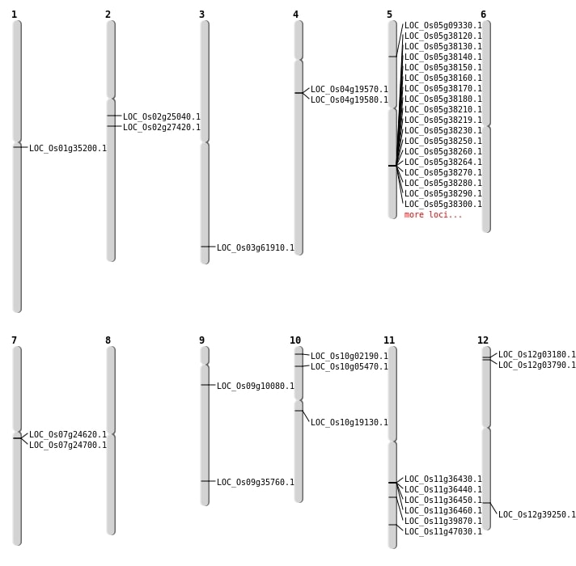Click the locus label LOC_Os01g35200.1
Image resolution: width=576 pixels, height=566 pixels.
pyautogui.click(x=68, y=149)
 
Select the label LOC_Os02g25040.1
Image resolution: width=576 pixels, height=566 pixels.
pyautogui.click(x=162, y=117)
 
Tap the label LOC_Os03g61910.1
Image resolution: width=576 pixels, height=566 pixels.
pyautogui.click(x=256, y=248)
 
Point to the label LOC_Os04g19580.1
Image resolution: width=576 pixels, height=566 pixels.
pyautogui.click(x=349, y=100)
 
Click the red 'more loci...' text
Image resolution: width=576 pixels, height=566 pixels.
pyautogui.click(x=434, y=215)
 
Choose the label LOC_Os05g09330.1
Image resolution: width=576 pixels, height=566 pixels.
pyautogui.click(x=443, y=26)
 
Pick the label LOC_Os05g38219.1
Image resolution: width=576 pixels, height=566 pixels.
pyautogui.click(x=443, y=120)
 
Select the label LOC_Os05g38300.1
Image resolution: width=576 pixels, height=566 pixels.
pyautogui.click(x=443, y=205)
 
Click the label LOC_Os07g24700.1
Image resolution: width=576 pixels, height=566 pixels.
pyautogui.click(x=68, y=446)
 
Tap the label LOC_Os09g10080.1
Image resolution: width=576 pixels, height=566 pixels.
pyautogui.click(x=256, y=386)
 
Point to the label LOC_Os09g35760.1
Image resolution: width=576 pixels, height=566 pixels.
pyautogui.click(x=256, y=483)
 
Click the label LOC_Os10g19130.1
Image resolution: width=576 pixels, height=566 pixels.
pyautogui.click(x=349, y=423)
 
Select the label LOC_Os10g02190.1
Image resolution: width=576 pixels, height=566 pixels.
pyautogui.click(x=349, y=357)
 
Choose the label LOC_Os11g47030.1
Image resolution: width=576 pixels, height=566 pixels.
pyautogui.click(x=443, y=532)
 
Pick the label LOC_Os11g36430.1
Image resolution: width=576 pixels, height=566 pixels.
pyautogui.click(x=443, y=479)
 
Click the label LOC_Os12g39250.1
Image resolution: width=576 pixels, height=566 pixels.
pyautogui.click(x=537, y=515)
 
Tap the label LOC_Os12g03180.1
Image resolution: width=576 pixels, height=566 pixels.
pyautogui.click(x=537, y=355)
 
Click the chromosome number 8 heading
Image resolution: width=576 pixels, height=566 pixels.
pyautogui.click(x=108, y=340)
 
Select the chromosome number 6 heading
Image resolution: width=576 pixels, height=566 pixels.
pyautogui.click(x=483, y=15)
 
